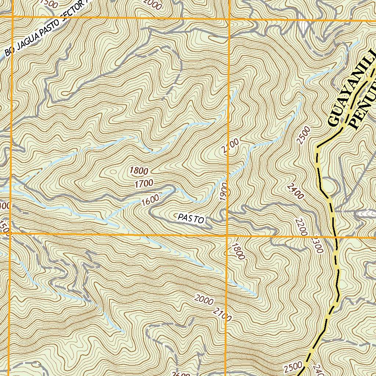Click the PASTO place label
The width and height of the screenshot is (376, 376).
click(x=191, y=218)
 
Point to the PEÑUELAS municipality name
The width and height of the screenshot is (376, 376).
click(x=364, y=106)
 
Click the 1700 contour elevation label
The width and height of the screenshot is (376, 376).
click(x=144, y=184)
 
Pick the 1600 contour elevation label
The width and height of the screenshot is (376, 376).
click(x=150, y=200)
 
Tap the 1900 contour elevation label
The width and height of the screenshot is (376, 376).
click(x=224, y=191)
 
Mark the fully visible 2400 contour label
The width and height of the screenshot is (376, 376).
click(x=296, y=191)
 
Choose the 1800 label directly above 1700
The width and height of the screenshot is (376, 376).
click(x=139, y=171)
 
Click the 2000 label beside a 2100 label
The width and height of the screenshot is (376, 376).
click(x=204, y=300)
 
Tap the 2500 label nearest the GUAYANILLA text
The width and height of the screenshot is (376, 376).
click(x=304, y=135)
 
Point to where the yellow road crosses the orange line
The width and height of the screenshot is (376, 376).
click(x=336, y=238)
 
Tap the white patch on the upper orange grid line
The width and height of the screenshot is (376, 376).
click(x=303, y=25)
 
